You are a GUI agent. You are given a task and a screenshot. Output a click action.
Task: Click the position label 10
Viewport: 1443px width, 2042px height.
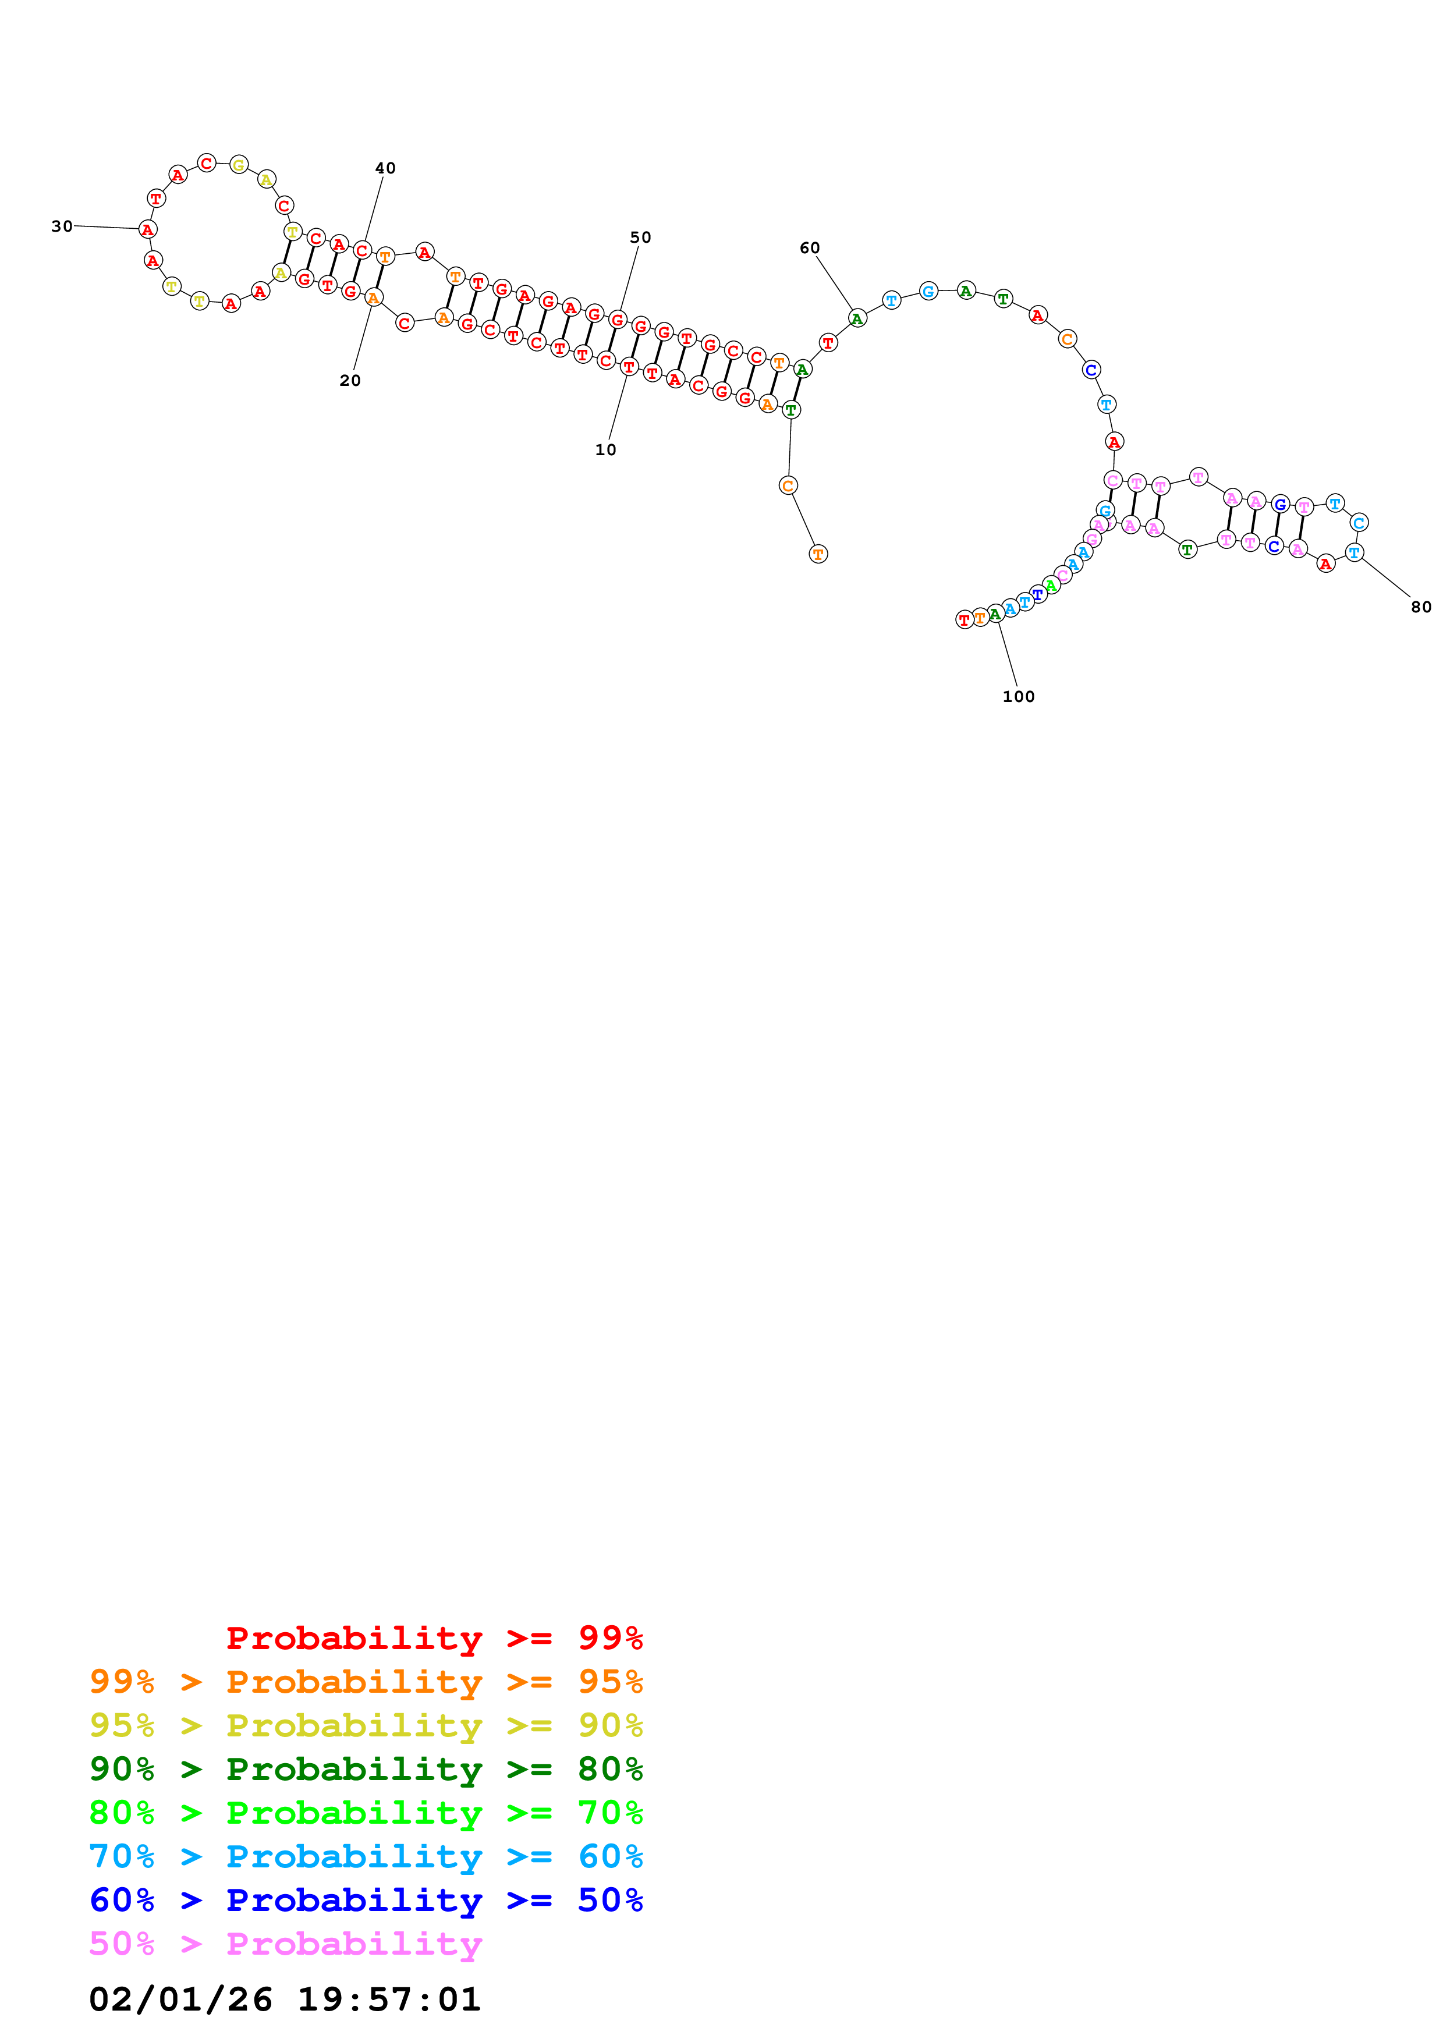tap(605, 450)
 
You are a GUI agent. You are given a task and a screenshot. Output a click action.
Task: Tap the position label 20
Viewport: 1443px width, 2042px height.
tap(350, 381)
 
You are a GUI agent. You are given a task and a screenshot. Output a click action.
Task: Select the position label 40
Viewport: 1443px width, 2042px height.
tap(385, 168)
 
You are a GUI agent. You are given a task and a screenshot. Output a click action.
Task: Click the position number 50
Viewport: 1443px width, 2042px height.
tap(640, 237)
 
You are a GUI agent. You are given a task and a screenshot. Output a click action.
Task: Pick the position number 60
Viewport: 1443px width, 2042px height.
tap(809, 248)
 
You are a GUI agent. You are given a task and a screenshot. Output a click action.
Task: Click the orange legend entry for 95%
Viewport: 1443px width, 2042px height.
tap(366, 1682)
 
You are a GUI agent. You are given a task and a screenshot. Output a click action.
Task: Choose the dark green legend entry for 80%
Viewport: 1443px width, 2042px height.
tap(366, 1769)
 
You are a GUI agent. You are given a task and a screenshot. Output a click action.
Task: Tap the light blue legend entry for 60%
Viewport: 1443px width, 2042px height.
tap(366, 1856)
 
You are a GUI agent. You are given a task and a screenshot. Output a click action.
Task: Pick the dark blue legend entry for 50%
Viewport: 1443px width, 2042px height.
tap(366, 1900)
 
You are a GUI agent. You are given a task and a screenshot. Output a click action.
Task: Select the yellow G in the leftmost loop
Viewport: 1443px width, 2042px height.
tap(238, 165)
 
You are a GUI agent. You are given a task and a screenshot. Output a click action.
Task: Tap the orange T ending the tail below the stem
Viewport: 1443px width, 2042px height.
tap(818, 554)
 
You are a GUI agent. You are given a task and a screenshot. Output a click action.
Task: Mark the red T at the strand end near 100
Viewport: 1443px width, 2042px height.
tap(964, 620)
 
